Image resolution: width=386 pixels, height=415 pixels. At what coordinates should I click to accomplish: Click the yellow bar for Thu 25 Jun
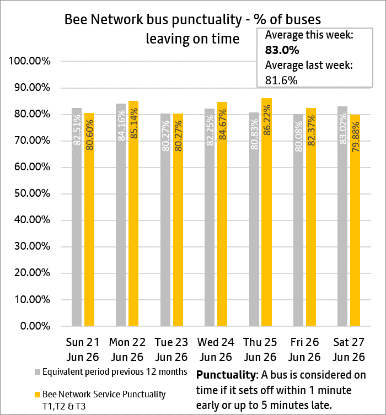click(266, 212)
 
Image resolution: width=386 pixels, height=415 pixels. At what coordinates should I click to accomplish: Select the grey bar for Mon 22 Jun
click(121, 214)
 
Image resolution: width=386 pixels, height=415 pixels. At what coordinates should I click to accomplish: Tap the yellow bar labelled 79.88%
click(355, 220)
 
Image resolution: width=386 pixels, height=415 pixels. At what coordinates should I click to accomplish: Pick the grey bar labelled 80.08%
click(298, 220)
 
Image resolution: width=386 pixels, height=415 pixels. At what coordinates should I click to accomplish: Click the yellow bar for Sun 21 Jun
click(89, 219)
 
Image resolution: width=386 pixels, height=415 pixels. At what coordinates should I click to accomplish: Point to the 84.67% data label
click(223, 125)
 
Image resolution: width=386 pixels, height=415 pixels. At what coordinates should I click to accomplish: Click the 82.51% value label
click(77, 130)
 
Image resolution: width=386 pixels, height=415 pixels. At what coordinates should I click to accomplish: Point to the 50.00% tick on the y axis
click(32, 193)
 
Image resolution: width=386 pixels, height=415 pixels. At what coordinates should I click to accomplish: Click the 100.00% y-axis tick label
click(29, 61)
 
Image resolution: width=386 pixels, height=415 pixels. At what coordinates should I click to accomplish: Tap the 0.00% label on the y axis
click(35, 326)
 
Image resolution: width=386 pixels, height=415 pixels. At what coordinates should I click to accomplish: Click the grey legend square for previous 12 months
click(37, 372)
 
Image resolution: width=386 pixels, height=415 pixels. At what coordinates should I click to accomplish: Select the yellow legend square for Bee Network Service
click(37, 395)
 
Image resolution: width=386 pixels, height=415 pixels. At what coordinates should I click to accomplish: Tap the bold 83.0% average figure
click(282, 50)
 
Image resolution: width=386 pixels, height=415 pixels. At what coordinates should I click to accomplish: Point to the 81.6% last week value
click(281, 80)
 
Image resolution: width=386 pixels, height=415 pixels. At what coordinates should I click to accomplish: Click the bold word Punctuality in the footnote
click(226, 375)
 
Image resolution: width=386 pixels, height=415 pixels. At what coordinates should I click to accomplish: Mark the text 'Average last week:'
click(309, 65)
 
